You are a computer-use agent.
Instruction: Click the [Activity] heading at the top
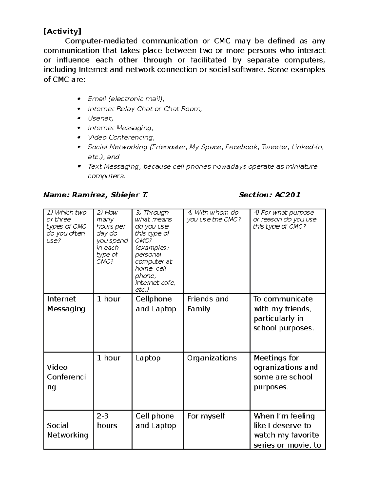tap(62, 31)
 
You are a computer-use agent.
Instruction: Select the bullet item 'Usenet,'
tap(100, 118)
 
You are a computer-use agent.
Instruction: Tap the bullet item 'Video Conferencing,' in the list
tap(121, 137)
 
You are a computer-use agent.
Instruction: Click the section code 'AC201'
tap(287, 195)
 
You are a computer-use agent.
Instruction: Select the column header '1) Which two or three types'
tap(66, 226)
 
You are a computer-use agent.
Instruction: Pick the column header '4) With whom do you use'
tap(213, 216)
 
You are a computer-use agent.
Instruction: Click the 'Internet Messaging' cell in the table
tap(66, 304)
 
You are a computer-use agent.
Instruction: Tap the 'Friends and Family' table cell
tap(208, 304)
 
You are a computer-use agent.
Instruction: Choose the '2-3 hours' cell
tap(107, 420)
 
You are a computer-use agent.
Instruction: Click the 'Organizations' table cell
tap(212, 358)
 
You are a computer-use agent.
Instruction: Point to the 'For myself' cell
tap(206, 416)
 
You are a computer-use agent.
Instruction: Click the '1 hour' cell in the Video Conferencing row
tap(109, 358)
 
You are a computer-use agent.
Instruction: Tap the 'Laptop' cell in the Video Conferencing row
tap(148, 358)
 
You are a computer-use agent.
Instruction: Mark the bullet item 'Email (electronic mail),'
tap(126, 99)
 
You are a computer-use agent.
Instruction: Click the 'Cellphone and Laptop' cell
tap(156, 304)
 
